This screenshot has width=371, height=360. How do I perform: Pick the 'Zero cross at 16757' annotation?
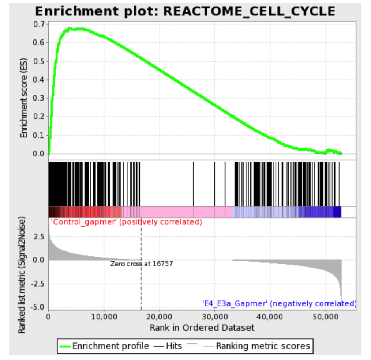tap(142, 263)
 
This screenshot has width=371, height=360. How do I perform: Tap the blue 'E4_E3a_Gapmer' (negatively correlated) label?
tap(279, 303)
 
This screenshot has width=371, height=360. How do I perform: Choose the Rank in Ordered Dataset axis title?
tap(202, 327)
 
